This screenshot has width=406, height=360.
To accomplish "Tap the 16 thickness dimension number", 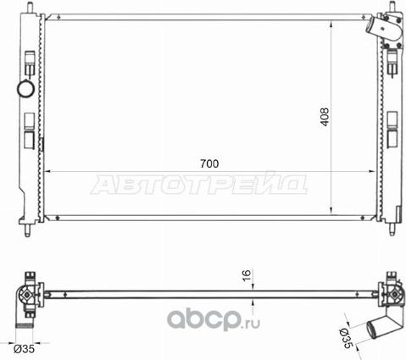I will point(246,277).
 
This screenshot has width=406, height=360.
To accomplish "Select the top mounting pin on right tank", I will point(392,8).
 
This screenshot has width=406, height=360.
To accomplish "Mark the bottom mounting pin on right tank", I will point(392,228).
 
